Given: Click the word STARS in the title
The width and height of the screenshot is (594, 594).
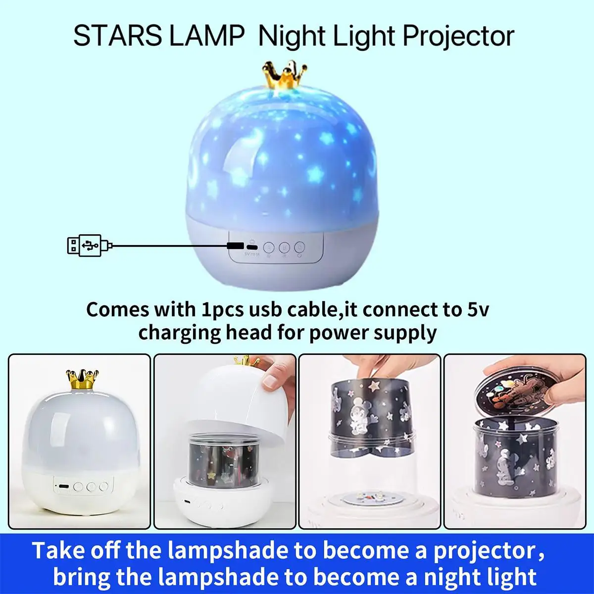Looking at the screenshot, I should click(x=117, y=36).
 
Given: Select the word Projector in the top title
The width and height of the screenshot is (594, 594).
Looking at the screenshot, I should click(x=458, y=36).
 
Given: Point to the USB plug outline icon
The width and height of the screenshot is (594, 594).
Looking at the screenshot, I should click(x=85, y=245).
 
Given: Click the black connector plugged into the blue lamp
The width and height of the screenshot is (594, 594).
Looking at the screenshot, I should click(x=235, y=246).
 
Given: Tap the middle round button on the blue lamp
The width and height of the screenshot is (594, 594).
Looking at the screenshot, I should click(x=284, y=247).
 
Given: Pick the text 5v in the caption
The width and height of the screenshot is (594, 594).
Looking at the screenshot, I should click(x=478, y=309).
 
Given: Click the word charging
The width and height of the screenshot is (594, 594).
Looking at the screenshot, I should click(x=179, y=332).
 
